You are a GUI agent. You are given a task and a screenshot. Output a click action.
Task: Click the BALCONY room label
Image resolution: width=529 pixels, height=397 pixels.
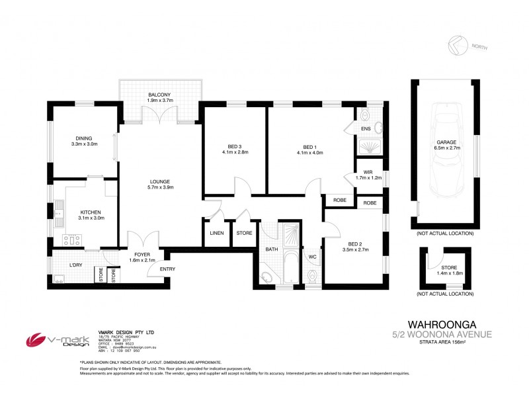[159, 95]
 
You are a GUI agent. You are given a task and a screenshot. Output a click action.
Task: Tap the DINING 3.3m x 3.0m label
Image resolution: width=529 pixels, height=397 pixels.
[84, 140]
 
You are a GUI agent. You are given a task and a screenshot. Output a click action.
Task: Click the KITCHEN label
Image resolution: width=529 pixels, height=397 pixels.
[85, 212]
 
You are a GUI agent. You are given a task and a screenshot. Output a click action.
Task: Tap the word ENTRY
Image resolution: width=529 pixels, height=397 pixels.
[167, 268]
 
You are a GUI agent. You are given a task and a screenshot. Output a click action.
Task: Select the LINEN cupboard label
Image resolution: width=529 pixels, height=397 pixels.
[217, 233]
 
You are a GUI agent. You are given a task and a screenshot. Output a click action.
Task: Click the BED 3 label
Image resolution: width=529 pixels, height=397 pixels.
[227, 147]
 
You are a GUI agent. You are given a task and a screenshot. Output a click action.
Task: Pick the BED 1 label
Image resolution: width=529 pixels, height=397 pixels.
[309, 147]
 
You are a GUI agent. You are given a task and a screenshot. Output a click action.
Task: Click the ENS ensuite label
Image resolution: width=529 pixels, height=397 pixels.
[365, 128]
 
